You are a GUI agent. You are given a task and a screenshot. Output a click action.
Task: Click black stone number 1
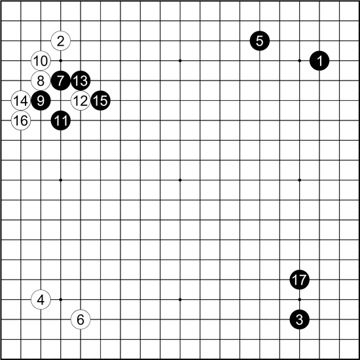(x=319, y=61)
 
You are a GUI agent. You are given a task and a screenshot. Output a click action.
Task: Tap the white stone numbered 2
(x=61, y=41)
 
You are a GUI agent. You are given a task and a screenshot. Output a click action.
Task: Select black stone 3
(x=299, y=319)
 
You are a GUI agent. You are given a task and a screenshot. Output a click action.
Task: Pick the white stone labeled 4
(x=41, y=299)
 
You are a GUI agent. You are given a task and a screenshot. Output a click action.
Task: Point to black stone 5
(x=260, y=41)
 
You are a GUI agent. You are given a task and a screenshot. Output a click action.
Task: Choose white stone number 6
(x=81, y=319)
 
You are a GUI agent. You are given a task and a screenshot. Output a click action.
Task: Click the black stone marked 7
(x=61, y=81)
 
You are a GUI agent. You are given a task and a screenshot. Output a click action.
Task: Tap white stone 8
(x=41, y=81)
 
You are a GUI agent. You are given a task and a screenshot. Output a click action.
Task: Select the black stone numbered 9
(x=41, y=101)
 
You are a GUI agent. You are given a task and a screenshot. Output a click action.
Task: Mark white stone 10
(x=41, y=61)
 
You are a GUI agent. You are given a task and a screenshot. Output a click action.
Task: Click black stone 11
(x=61, y=120)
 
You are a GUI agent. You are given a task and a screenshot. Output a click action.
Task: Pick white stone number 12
(x=81, y=101)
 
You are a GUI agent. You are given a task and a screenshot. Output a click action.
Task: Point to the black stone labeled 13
(x=81, y=81)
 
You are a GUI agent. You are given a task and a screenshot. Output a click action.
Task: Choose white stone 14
(x=21, y=101)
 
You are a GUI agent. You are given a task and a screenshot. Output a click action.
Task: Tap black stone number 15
(x=101, y=101)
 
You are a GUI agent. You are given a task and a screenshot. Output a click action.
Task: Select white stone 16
(x=21, y=120)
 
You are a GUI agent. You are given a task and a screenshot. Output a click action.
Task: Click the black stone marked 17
(x=299, y=279)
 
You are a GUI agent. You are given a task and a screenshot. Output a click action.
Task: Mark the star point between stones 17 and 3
(x=299, y=299)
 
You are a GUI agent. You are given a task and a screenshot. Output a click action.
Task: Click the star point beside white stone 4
(x=61, y=299)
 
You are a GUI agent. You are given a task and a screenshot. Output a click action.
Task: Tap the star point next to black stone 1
(x=299, y=61)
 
